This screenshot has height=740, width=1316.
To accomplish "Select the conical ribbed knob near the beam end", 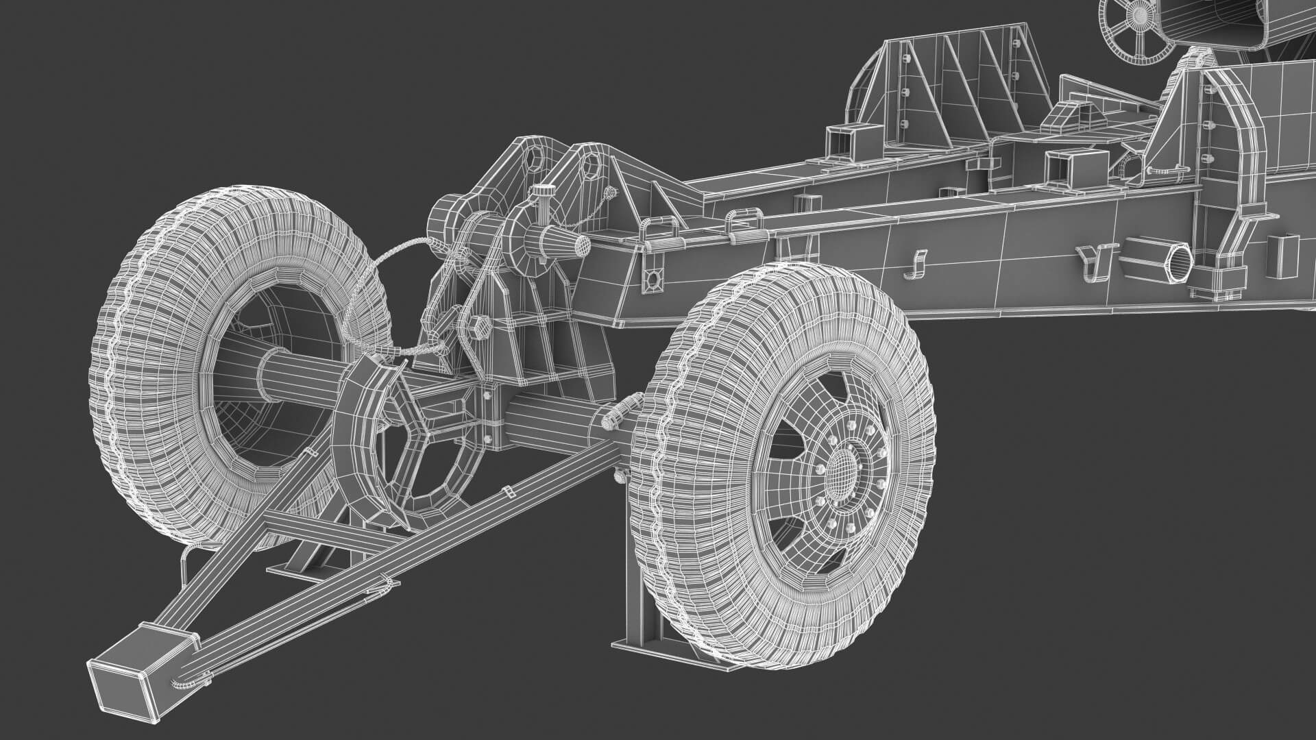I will tap(563, 242).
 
